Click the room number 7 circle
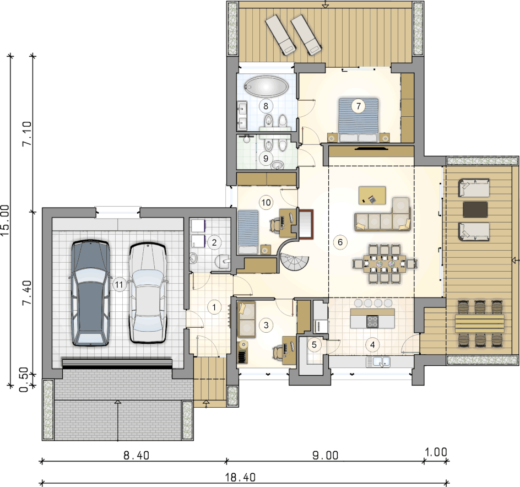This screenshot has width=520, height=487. [359, 106]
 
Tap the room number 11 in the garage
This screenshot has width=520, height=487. [119, 284]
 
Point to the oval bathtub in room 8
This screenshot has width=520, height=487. [266, 87]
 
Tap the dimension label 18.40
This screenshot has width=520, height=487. [240, 478]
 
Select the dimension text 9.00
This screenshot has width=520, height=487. [326, 456]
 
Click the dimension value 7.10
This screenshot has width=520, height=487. [26, 133]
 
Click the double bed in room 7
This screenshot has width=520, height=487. [359, 120]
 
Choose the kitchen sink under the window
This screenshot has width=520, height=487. [378, 361]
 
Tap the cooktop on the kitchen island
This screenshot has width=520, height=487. [372, 321]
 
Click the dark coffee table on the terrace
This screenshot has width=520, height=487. [475, 210]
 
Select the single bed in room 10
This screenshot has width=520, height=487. [248, 232]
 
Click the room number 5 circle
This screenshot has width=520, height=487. [314, 345]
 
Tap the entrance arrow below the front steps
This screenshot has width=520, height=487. [206, 403]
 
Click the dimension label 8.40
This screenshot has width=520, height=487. [136, 456]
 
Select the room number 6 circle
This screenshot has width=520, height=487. [340, 242]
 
